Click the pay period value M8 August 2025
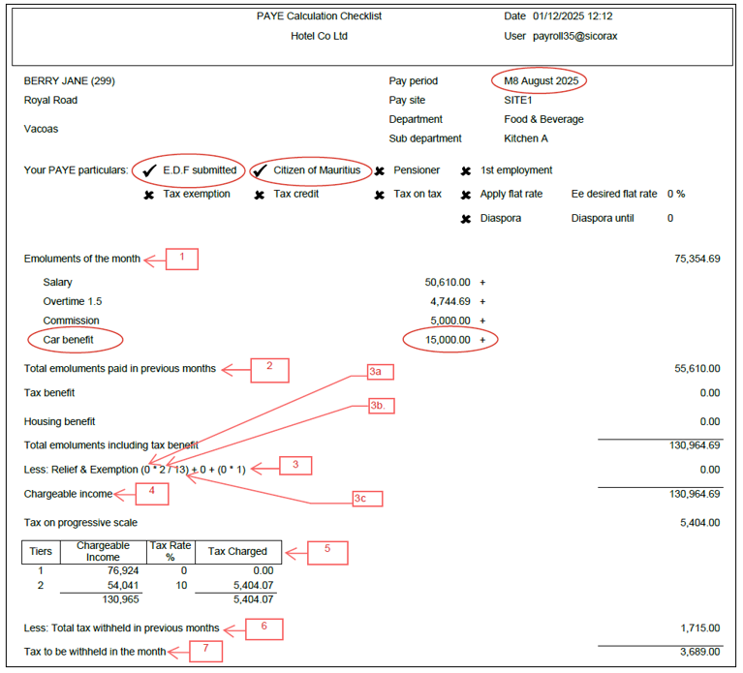coord(542,81)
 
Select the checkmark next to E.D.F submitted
coord(150,170)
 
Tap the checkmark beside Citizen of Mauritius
coord(260,170)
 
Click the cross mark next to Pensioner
coord(380,171)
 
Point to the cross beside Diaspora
coord(466,219)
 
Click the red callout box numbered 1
coord(182,260)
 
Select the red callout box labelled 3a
coord(381,372)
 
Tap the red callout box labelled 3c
coord(367,499)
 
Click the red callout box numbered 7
coord(205,652)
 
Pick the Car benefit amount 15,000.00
coord(448,340)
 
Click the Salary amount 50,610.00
coord(448,282)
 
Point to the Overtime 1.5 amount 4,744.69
coord(450,302)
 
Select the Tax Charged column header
coord(237,551)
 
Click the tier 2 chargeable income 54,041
coord(123,586)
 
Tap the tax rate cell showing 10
coord(181,586)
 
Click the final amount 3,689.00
coord(699,652)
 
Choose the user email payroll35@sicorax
coord(574,36)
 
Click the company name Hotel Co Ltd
coord(319,36)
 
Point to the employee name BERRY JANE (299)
coord(69,81)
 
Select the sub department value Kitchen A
coord(526,138)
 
